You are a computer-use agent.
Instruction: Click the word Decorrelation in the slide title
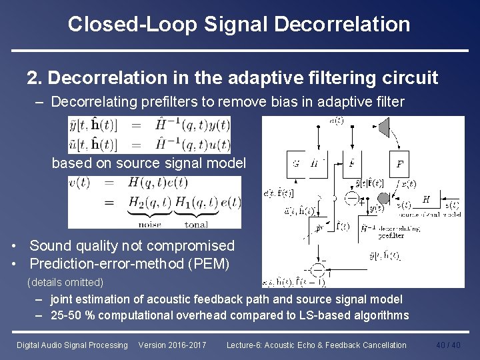coord(344,25)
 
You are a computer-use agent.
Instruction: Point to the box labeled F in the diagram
coord(399,163)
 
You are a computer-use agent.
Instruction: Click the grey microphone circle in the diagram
coord(383,198)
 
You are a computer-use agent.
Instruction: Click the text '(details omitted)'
coord(65,282)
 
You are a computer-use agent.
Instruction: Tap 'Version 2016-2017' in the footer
coord(172,345)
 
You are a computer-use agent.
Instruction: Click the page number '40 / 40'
coord(448,345)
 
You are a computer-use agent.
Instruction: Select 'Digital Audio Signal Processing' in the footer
coord(72,345)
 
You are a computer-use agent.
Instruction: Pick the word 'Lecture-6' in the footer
coord(243,345)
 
